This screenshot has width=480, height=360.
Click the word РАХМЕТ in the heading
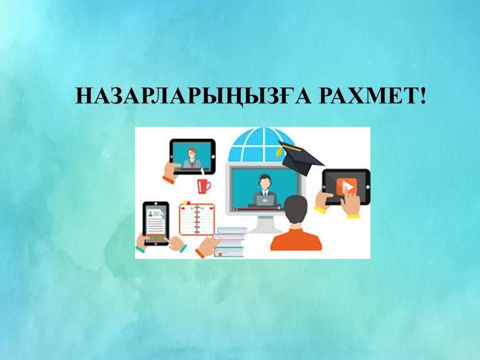pos(366,96)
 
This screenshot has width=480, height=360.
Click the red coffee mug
pos(203,185)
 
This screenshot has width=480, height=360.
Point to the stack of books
pos(230,242)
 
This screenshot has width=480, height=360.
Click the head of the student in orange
pos(295,209)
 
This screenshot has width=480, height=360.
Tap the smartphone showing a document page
pos(156,223)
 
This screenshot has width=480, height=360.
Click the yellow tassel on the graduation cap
pos(279,152)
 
